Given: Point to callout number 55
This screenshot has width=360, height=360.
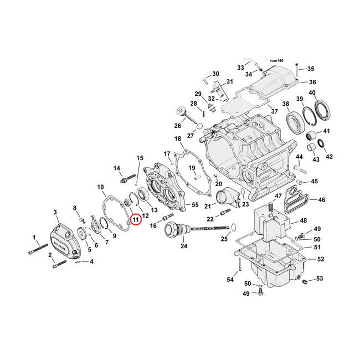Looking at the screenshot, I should pyautogui.click(x=195, y=205).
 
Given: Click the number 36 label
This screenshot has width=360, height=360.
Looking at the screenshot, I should pyautogui.click(x=312, y=82).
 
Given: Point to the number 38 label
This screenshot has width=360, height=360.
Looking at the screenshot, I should pyautogui.click(x=286, y=104).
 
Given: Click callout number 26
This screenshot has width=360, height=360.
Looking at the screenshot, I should pyautogui.click(x=177, y=125).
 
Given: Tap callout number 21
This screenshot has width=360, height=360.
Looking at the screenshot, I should pyautogui.click(x=206, y=206).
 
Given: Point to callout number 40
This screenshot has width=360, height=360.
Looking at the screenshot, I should pyautogui.click(x=312, y=92).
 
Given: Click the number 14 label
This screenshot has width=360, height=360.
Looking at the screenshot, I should pyautogui.click(x=117, y=168).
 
